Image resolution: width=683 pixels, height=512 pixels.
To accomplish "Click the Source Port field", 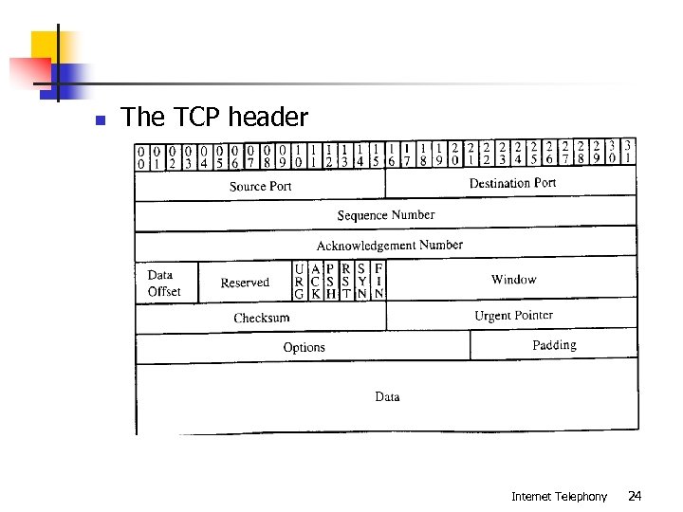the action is [261, 186].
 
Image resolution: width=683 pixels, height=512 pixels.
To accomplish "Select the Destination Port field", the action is [512, 183].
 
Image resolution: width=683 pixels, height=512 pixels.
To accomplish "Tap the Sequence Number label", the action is [386, 215].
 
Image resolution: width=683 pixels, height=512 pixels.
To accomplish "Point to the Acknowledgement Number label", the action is [390, 245].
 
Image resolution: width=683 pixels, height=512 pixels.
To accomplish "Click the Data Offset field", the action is [164, 283].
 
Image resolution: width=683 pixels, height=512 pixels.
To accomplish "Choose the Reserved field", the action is [245, 283].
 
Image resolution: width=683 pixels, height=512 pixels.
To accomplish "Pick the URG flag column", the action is [300, 282].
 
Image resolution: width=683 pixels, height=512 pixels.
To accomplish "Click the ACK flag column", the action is [315, 282].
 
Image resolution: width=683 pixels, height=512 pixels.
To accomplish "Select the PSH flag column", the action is [330, 282].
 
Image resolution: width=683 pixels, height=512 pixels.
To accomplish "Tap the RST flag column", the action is [346, 282].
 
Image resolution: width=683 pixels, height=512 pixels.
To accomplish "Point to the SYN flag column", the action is [361, 282].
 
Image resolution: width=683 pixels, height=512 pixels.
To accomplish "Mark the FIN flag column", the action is [378, 282].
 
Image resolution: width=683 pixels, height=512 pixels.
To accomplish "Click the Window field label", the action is [514, 280].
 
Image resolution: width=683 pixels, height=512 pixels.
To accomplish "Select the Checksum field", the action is [262, 318].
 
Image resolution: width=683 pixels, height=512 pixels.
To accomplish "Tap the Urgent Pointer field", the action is [513, 316].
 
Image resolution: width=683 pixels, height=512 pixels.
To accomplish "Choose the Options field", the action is [305, 347].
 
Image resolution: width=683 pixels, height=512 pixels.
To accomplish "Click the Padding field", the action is [554, 345].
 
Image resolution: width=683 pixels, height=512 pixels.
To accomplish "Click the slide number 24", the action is [635, 496].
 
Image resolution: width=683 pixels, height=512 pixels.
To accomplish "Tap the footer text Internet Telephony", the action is [559, 496].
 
